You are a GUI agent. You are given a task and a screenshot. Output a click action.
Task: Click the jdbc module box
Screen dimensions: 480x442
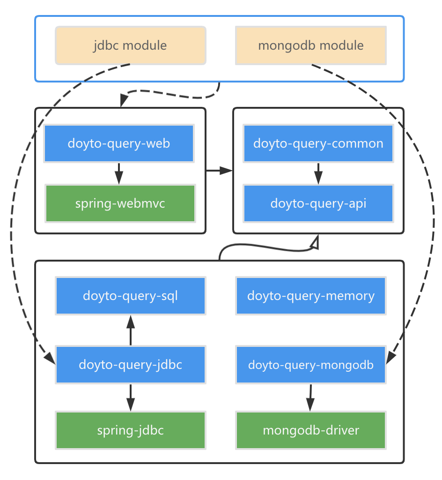130,45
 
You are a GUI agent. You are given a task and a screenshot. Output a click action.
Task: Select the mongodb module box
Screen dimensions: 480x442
310,45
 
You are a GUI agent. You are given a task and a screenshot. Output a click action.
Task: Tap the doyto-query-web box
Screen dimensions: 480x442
119,143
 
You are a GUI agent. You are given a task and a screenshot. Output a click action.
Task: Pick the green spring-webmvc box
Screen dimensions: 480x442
120,203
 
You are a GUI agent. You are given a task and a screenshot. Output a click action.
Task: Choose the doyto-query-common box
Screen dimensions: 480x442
318,143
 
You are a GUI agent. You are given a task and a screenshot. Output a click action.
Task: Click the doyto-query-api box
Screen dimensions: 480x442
318,203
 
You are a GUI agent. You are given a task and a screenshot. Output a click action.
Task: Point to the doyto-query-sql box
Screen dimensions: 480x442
130,296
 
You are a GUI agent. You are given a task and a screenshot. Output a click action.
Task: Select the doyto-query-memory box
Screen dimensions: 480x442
311,296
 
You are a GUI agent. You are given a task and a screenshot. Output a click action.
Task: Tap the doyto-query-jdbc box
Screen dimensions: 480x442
130,365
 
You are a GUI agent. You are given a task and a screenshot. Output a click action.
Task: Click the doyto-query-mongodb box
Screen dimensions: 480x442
311,365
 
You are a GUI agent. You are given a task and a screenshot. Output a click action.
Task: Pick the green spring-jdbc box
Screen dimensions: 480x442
130,430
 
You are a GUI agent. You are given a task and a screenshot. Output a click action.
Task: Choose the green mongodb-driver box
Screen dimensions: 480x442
311,430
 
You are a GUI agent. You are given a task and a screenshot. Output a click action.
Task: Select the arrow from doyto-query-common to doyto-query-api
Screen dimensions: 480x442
318,173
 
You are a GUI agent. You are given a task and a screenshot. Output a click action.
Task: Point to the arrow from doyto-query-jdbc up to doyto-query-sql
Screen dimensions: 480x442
131,330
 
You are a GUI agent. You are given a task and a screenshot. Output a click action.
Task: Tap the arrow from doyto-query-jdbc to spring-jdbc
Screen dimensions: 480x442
131,397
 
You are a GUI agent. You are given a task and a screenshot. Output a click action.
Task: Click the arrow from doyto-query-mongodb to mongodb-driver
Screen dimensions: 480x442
310,398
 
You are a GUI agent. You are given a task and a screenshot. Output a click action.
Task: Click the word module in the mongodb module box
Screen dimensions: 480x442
342,45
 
